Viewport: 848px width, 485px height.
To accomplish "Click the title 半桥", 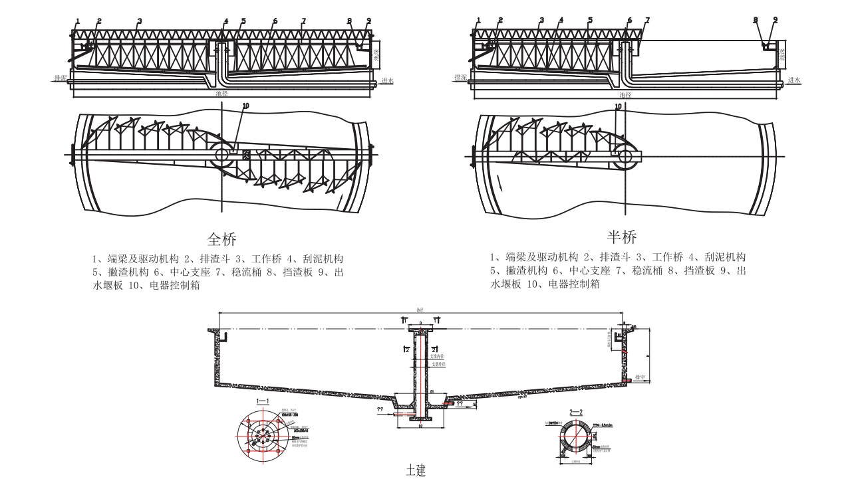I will pos(622,237).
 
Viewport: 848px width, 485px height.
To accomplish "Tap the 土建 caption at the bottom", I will pos(416,470).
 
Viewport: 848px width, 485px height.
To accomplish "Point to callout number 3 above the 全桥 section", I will pos(140,21).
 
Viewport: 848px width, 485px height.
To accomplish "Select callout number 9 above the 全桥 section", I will pos(368,21).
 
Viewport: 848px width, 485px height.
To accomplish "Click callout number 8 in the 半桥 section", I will pos(756,21).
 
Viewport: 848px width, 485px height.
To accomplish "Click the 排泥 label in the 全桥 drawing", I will pos(61,78).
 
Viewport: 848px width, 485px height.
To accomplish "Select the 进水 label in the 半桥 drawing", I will pos(794,80).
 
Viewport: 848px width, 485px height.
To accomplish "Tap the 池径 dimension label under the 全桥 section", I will pos(222,94).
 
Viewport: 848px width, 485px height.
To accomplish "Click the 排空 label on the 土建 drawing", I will pos(641,377).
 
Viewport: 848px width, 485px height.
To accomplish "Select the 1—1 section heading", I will pos(263,401).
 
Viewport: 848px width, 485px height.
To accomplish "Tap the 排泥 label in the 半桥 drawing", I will pos(461,78).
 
